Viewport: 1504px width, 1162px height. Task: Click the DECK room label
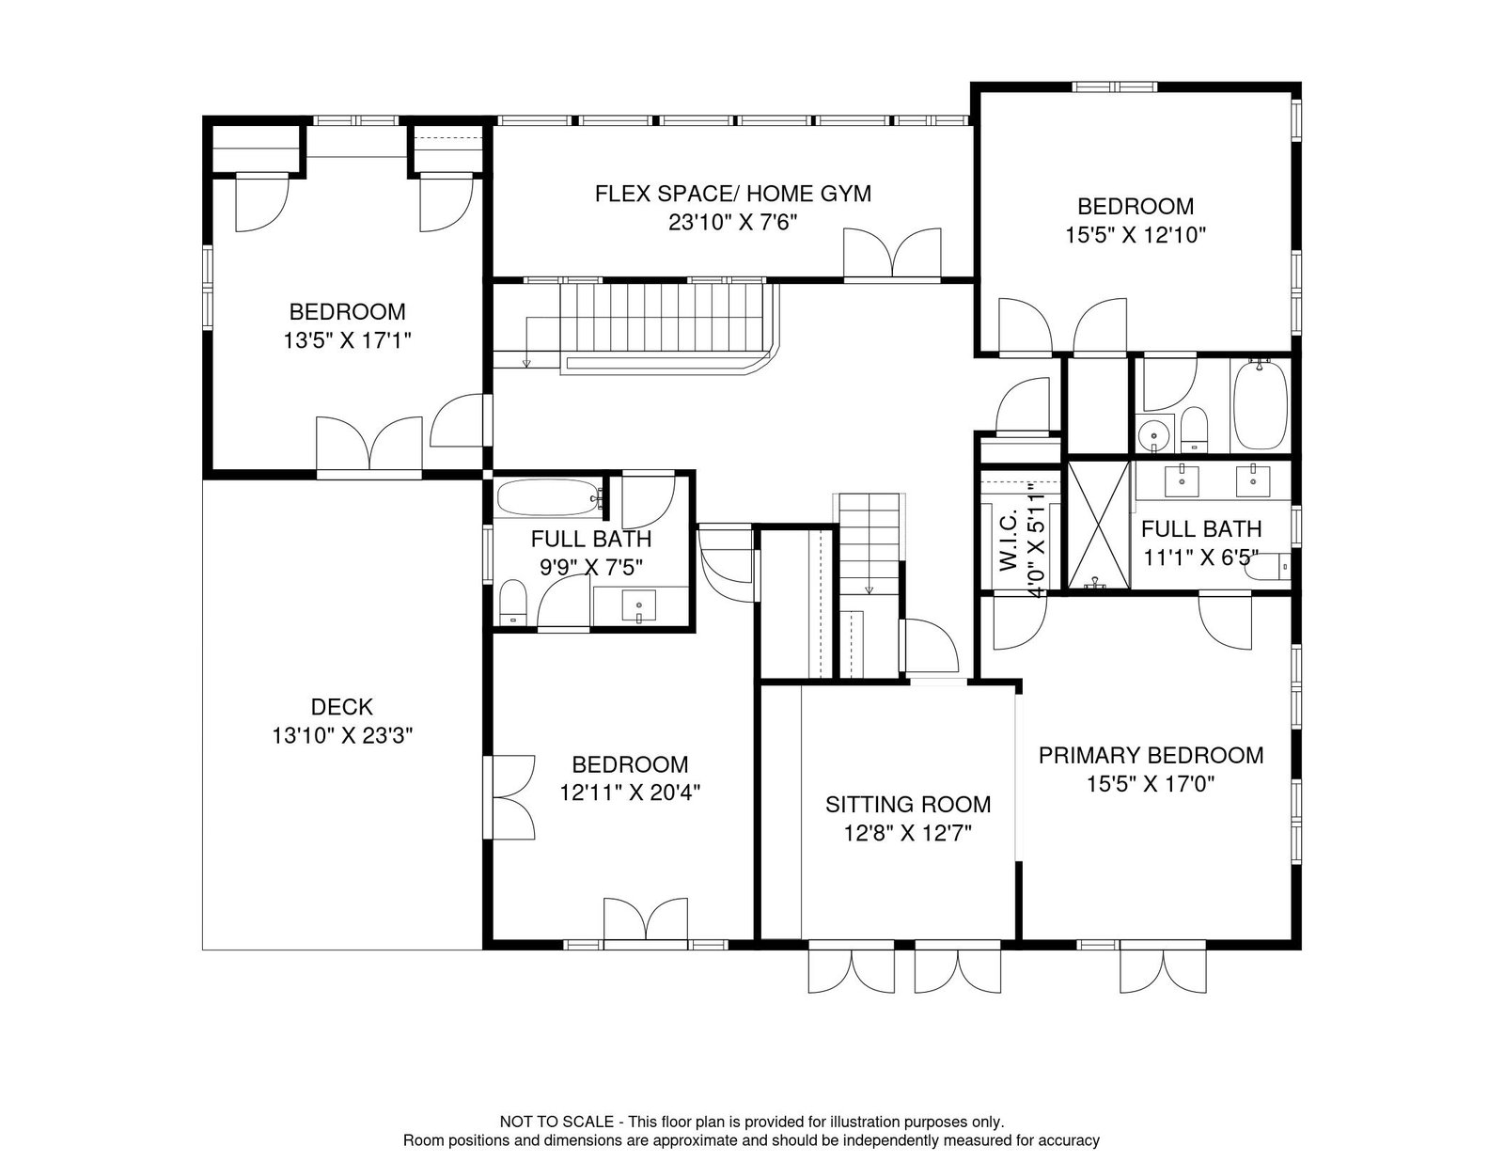pos(342,707)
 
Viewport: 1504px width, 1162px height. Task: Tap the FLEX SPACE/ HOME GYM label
pos(733,193)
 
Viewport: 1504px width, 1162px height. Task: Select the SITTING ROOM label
pos(908,804)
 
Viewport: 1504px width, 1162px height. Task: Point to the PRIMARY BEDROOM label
pos(1151,755)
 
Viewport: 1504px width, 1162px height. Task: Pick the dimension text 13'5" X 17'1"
pos(348,340)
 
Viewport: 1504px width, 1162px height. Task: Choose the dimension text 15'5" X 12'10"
pos(1136,235)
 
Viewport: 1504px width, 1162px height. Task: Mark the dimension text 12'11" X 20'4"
pos(630,793)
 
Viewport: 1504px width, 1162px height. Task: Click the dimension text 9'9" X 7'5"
pos(591,568)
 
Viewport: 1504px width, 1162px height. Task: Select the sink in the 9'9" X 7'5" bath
pos(639,606)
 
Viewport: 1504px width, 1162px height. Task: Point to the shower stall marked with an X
pos(1099,526)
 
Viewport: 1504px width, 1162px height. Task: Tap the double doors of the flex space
pos(892,253)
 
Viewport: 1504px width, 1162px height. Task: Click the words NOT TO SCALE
pos(556,1122)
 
